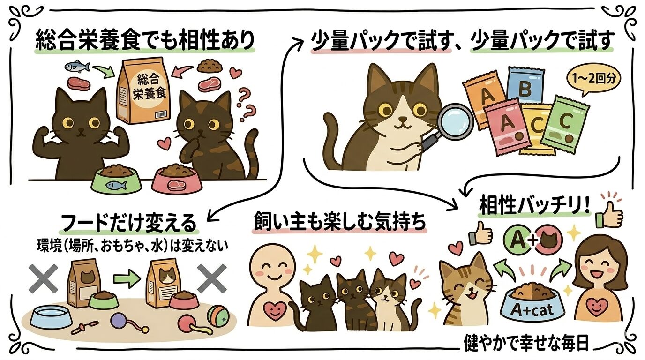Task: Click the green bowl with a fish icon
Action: pyautogui.click(x=116, y=180)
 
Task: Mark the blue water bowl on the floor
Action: pyautogui.click(x=51, y=318)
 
